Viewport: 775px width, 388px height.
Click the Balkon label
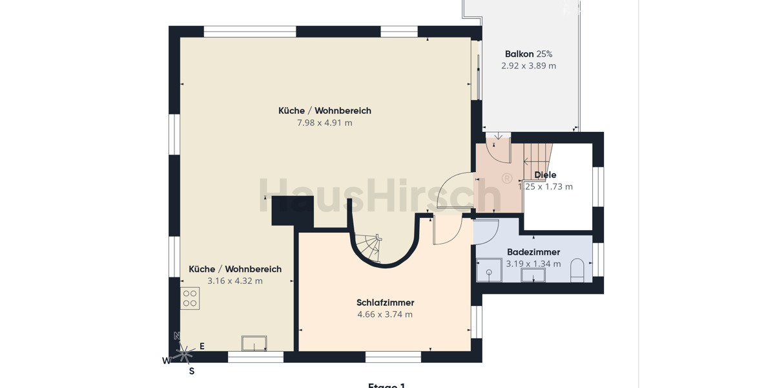pyautogui.click(x=519, y=54)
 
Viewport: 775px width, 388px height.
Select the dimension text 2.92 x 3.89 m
pyautogui.click(x=528, y=66)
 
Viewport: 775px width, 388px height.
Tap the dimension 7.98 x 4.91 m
pyautogui.click(x=324, y=123)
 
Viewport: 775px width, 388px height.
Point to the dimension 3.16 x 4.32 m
pyautogui.click(x=235, y=281)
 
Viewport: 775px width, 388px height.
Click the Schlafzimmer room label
pyautogui.click(x=385, y=303)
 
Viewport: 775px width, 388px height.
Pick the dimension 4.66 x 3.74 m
pyautogui.click(x=385, y=315)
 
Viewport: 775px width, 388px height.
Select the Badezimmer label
pyautogui.click(x=533, y=252)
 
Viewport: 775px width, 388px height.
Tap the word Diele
pyautogui.click(x=545, y=175)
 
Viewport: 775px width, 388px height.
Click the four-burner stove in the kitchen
pyautogui.click(x=190, y=298)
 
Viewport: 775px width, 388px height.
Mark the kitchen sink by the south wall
pyautogui.click(x=254, y=343)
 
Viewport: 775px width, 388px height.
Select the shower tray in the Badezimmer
pyautogui.click(x=489, y=270)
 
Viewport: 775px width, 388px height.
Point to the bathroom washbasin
pyautogui.click(x=533, y=275)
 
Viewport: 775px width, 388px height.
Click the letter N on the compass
pyautogui.click(x=177, y=336)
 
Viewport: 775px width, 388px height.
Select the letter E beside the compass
pyautogui.click(x=201, y=347)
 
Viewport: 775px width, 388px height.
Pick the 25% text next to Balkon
pyautogui.click(x=544, y=54)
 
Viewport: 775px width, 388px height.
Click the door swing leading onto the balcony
pyautogui.click(x=498, y=149)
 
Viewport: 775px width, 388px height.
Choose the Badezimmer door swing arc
pyautogui.click(x=487, y=232)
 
